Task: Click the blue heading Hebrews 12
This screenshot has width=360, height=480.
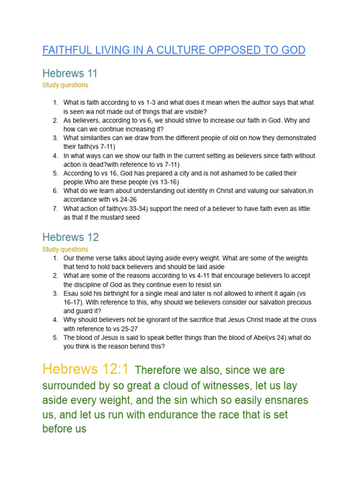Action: (x=70, y=237)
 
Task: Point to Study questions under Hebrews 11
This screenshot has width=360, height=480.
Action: (x=65, y=85)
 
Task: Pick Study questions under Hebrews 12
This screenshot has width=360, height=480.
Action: (x=65, y=249)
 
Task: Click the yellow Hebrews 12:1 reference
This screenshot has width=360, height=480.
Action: (x=85, y=369)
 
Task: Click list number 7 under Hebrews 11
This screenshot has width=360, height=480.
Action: (x=55, y=209)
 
